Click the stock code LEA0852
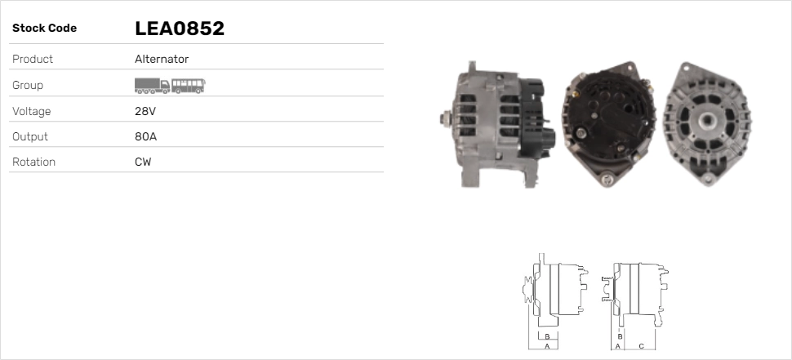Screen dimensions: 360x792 [179, 29]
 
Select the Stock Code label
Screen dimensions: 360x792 [44, 29]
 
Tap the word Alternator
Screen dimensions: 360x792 [162, 59]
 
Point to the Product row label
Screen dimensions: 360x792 [33, 59]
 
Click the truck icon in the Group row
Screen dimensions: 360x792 [152, 85]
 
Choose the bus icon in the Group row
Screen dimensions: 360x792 [189, 85]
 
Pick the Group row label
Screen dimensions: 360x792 [28, 85]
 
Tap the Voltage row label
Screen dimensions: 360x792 [31, 111]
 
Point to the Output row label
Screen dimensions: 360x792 [30, 136]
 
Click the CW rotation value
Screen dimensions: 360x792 [143, 162]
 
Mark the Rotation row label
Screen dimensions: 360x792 [33, 162]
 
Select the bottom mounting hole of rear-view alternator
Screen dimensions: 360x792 [606, 177]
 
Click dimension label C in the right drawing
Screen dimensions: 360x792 [641, 346]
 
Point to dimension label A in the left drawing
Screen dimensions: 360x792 [547, 346]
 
